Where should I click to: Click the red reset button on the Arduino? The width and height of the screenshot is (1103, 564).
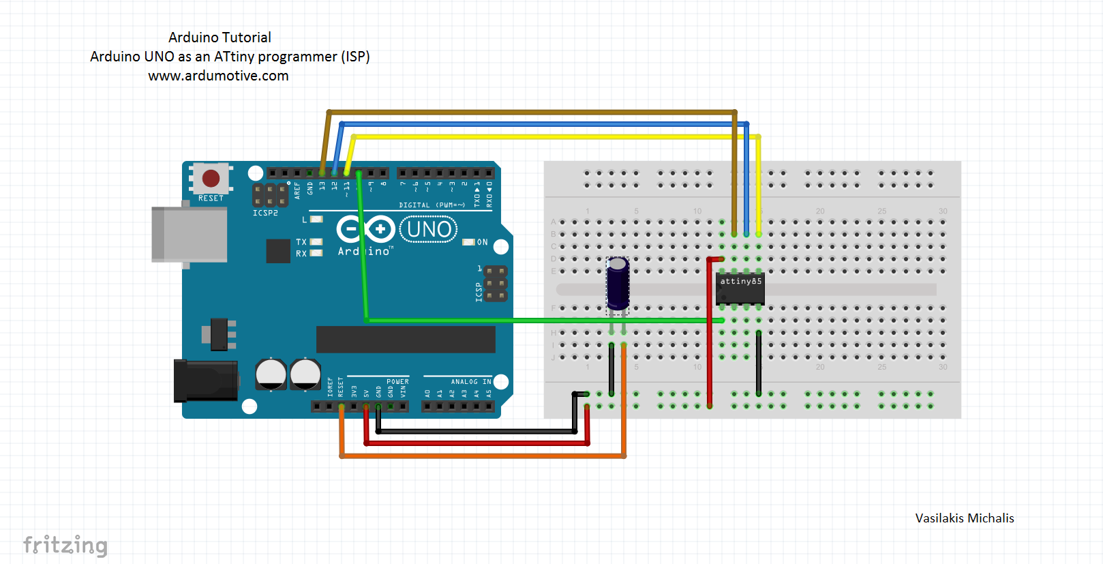point(211,179)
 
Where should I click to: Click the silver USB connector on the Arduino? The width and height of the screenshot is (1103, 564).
point(189,235)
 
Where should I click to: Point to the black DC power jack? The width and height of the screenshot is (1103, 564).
point(205,381)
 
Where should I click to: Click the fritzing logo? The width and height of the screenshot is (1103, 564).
point(65,545)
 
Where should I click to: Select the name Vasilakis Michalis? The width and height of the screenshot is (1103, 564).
point(964,518)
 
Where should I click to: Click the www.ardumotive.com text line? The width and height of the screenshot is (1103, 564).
point(218,76)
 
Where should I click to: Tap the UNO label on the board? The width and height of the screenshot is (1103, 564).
point(429,229)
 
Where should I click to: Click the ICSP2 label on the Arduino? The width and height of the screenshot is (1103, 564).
point(265,213)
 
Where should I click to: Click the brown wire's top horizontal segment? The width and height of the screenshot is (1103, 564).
point(532,112)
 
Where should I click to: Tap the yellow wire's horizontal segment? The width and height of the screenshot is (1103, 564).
point(545,137)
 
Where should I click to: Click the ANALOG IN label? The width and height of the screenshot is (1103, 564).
point(470,382)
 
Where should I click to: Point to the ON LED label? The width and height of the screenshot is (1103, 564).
point(482,242)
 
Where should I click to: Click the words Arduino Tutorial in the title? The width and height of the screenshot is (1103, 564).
point(220,38)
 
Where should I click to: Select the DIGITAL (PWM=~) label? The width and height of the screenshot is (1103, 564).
point(432,205)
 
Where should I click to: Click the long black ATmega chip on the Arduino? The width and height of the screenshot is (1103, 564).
point(406,339)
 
